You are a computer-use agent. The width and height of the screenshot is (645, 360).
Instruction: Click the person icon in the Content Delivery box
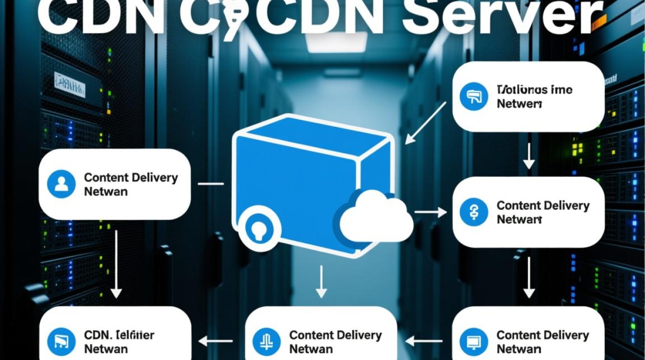click(x=61, y=184)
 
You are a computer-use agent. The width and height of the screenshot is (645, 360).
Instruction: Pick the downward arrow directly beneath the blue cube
click(x=322, y=283)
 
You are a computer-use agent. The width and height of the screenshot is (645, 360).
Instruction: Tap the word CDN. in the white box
click(x=98, y=335)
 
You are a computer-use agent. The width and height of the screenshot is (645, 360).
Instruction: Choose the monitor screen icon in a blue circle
click(x=474, y=342)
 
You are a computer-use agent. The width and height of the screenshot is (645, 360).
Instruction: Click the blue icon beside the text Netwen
click(x=474, y=96)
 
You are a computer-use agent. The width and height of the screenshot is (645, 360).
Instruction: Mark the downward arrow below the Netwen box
click(x=528, y=156)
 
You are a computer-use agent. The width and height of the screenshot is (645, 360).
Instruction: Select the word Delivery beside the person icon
click(x=154, y=178)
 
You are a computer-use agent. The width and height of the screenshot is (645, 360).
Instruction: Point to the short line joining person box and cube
click(x=211, y=183)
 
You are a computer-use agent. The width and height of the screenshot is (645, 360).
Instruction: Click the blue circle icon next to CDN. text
click(x=61, y=342)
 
